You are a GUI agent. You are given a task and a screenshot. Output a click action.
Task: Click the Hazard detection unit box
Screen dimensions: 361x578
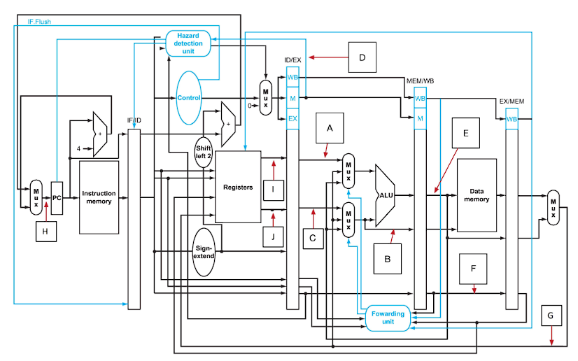click(x=189, y=43)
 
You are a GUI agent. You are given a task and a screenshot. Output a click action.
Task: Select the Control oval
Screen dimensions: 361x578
click(x=189, y=98)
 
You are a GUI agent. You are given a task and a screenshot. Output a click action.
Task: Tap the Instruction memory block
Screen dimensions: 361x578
click(x=99, y=197)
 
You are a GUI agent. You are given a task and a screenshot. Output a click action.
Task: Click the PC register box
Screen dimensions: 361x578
click(x=57, y=198)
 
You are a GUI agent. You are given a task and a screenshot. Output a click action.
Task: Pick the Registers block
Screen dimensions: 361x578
click(x=238, y=187)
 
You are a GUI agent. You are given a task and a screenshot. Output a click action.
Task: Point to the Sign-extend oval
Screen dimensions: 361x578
click(x=204, y=251)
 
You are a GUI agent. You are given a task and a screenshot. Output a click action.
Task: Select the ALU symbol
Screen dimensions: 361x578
click(x=386, y=196)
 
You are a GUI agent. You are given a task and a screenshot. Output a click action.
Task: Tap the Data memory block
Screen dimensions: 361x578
click(x=477, y=194)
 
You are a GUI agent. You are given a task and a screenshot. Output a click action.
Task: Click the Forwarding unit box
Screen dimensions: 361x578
click(x=388, y=318)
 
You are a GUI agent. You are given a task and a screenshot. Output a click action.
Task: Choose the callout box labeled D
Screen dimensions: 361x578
click(x=362, y=57)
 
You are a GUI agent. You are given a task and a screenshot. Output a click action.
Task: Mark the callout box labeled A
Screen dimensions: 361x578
click(x=330, y=128)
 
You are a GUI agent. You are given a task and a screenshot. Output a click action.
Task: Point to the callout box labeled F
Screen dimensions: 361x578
click(x=474, y=269)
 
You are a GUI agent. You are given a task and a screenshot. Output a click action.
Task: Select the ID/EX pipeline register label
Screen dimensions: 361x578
click(x=292, y=60)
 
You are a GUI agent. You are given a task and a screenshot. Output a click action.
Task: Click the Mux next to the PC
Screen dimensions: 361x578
click(x=36, y=198)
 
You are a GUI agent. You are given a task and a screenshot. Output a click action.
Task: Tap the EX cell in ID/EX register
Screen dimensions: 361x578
click(x=292, y=119)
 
